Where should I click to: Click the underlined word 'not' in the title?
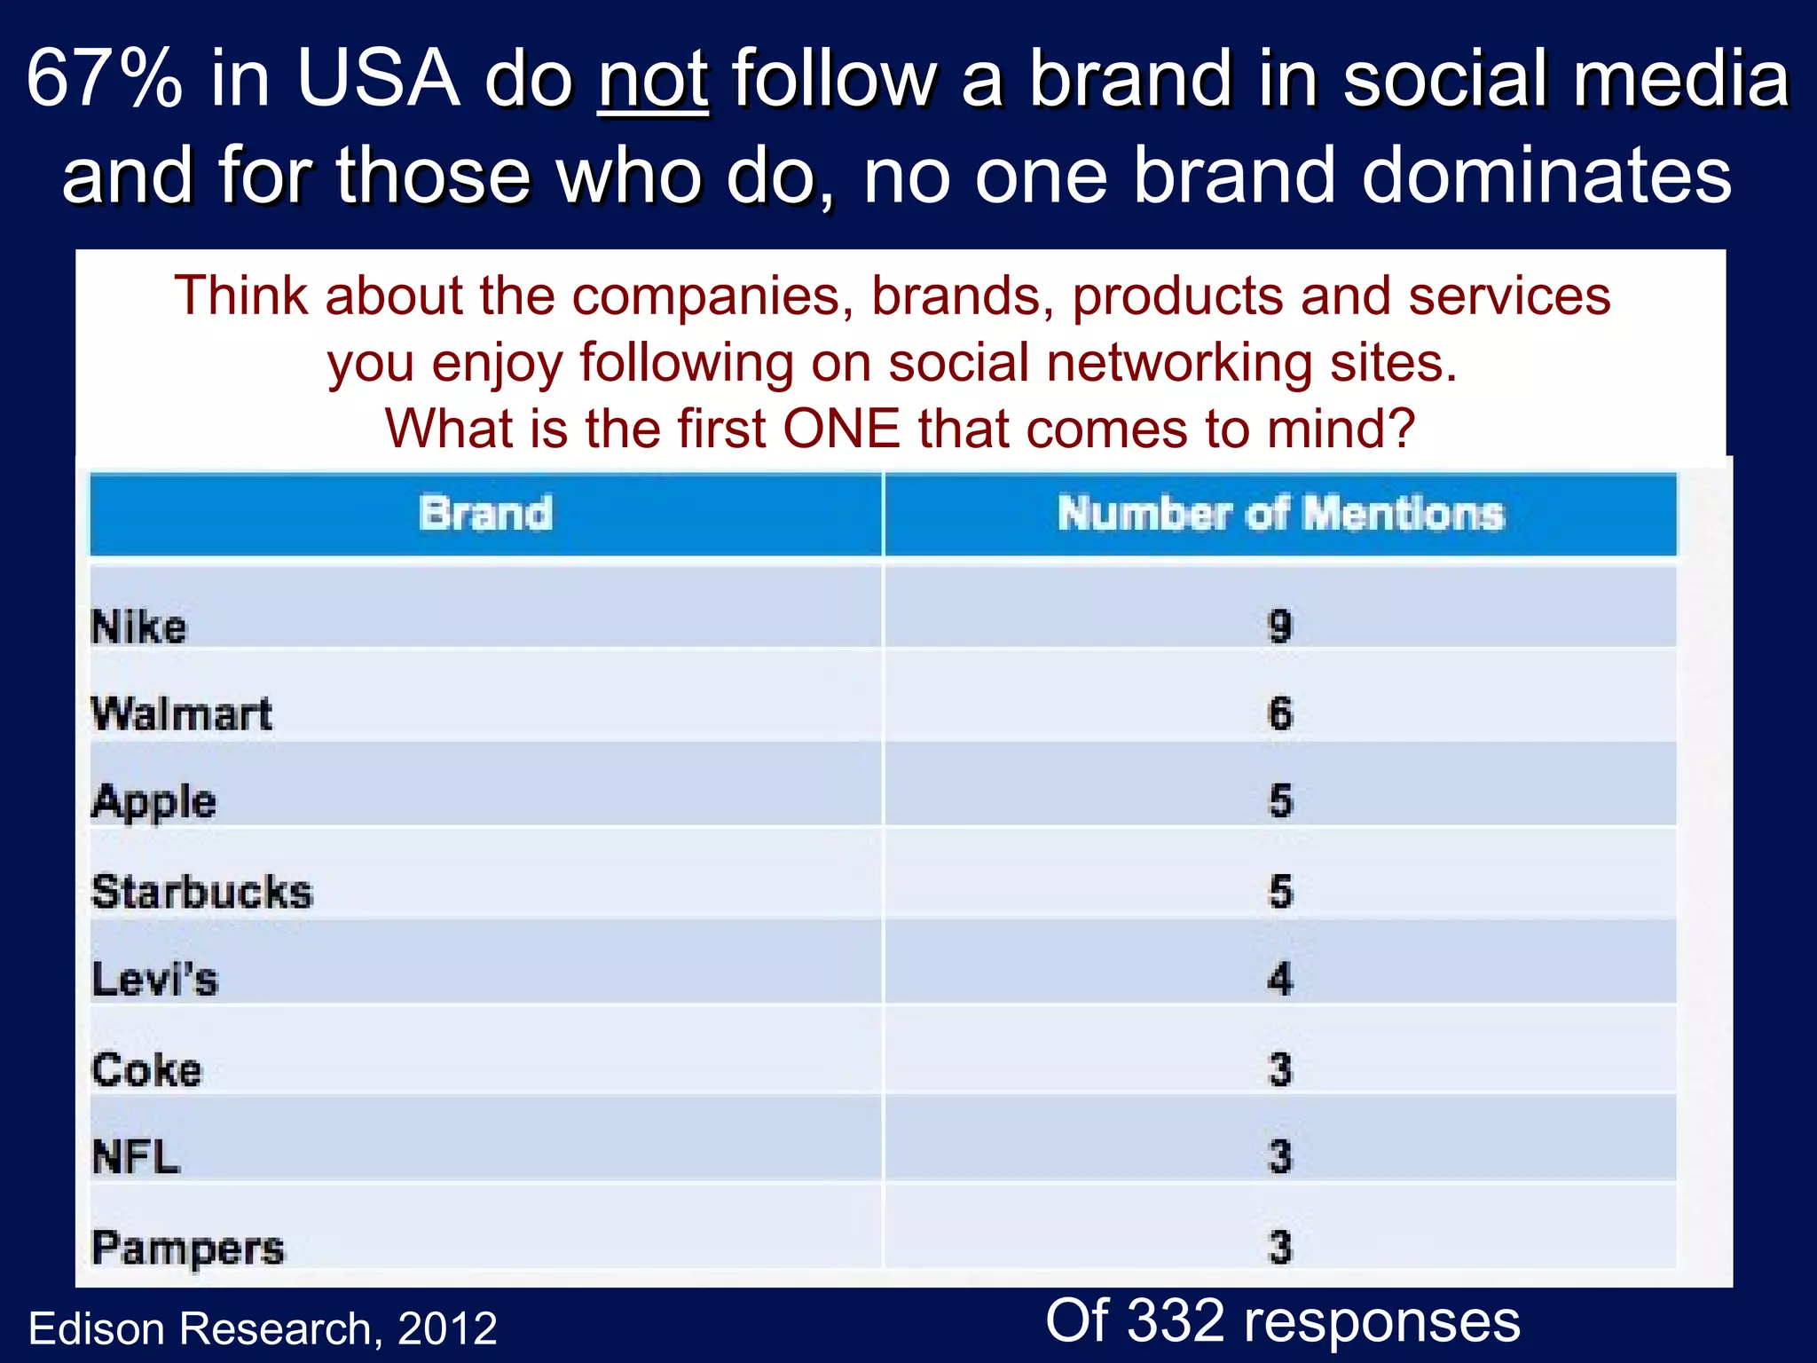point(653,80)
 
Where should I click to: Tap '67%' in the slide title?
point(105,80)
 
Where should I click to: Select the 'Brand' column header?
point(485,514)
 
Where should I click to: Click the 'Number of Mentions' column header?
point(1280,514)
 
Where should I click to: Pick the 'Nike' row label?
point(139,626)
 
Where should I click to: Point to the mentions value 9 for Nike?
point(1279,626)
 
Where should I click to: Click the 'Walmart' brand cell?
point(182,713)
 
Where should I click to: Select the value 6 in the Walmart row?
point(1279,713)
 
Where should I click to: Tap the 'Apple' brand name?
point(154,802)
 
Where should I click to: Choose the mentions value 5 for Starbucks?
point(1280,891)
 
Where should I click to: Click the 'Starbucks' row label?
point(202,891)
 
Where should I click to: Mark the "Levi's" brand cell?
point(155,980)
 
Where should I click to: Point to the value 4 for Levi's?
point(1279,980)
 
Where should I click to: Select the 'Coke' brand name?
point(147,1069)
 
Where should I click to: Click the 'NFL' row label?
point(136,1157)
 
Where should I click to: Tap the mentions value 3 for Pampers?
point(1280,1247)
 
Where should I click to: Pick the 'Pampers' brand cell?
point(188,1248)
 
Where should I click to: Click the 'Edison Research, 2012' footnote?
point(263,1328)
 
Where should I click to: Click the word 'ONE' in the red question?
point(841,429)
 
